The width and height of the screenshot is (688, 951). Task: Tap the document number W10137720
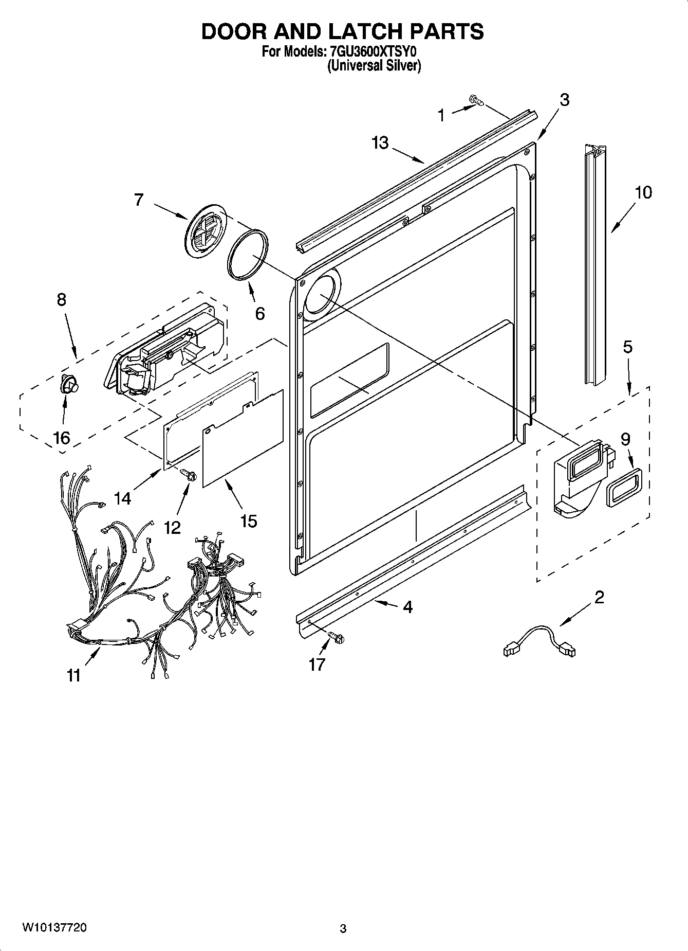(x=54, y=928)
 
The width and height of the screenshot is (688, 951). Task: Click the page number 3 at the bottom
(x=343, y=929)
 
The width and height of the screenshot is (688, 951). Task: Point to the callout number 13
(x=380, y=142)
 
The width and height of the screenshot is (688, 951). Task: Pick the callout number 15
(x=248, y=521)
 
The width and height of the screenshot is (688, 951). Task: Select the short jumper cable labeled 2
(x=540, y=639)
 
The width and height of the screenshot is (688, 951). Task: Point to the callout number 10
(x=643, y=192)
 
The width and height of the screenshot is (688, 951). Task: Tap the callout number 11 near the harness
(x=74, y=675)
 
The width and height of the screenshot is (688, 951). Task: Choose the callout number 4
(x=407, y=607)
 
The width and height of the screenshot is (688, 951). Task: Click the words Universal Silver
(x=375, y=66)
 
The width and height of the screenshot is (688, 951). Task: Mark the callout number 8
(x=61, y=300)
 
